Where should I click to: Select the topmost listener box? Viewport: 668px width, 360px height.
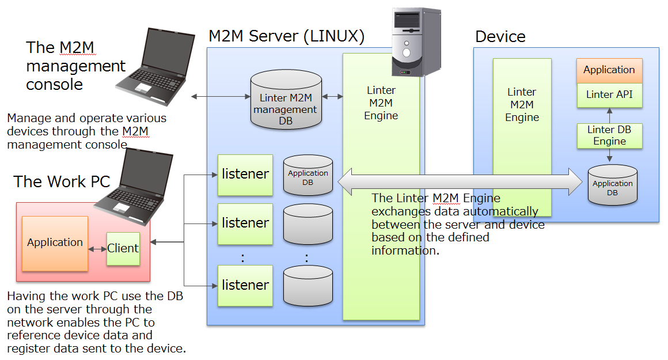tap(245, 174)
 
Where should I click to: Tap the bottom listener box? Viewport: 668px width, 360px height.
tap(245, 285)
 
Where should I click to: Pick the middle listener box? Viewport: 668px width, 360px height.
tap(245, 223)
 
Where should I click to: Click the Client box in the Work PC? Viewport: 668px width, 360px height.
tap(123, 248)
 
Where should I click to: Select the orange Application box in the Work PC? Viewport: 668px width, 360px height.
tap(55, 243)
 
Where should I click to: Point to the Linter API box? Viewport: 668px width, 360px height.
tap(609, 95)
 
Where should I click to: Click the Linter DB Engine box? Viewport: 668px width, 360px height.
tap(609, 135)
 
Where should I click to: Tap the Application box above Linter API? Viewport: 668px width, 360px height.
tap(609, 70)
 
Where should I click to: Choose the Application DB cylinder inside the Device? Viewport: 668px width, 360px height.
tap(612, 184)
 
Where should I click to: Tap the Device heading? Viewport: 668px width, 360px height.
tap(500, 37)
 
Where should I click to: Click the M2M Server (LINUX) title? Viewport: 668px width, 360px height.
tap(286, 36)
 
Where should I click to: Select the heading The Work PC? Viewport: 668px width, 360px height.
tap(62, 182)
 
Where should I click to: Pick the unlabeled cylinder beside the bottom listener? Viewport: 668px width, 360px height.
tap(308, 285)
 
